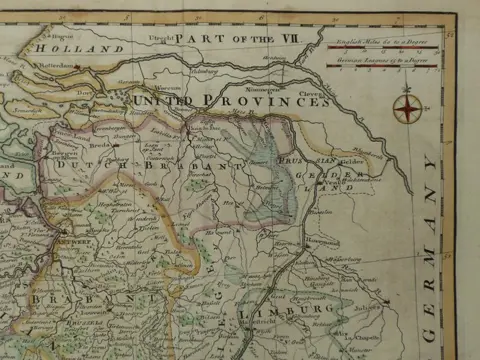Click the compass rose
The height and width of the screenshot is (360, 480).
[x=407, y=108]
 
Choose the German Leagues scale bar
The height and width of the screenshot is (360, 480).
[x=384, y=66]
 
